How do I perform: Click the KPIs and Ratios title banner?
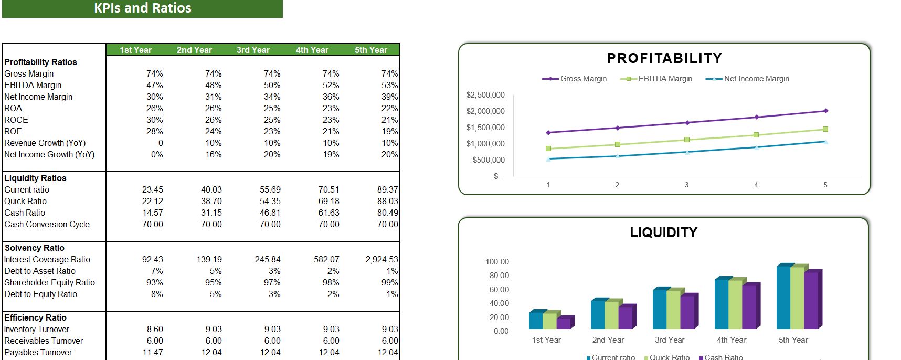[x=142, y=8]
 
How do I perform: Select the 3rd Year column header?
[x=253, y=50]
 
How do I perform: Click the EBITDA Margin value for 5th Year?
[x=389, y=85]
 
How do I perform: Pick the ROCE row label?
[x=16, y=120]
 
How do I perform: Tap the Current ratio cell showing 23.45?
[x=152, y=189]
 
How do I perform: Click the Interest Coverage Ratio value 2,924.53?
[x=381, y=259]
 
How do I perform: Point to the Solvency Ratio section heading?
[x=34, y=248]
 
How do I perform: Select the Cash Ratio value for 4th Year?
[x=328, y=213]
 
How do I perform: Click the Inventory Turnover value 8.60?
[x=155, y=329]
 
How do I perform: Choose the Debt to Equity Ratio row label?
[x=40, y=294]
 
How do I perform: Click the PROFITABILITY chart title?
[x=664, y=58]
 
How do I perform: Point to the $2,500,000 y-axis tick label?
[x=485, y=95]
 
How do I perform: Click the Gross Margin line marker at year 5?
[x=825, y=111]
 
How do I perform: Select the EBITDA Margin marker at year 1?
[x=548, y=149]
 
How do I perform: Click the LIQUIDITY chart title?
[x=663, y=232]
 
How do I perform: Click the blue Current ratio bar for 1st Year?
[x=535, y=320]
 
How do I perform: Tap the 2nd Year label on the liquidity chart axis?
[x=608, y=340]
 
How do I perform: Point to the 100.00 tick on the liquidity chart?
[x=497, y=262]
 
